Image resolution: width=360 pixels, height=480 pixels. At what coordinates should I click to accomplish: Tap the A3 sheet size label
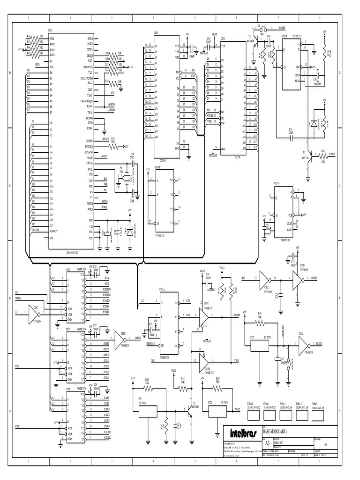coord(268,442)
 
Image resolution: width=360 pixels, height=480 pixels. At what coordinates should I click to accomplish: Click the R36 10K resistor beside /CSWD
coord(322,155)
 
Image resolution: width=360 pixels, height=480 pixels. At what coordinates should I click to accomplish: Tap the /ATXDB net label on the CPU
coord(111,109)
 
